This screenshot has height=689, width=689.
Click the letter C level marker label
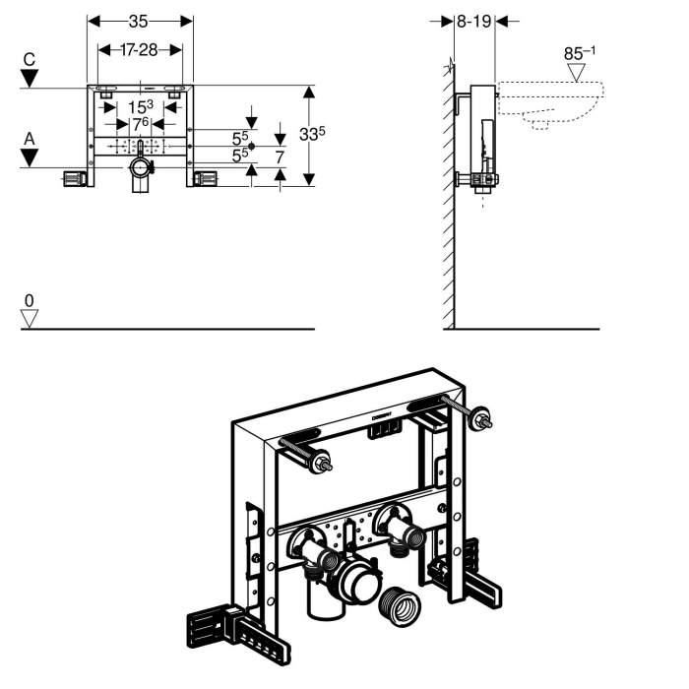tap(30, 59)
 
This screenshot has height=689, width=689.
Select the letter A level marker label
tap(30, 140)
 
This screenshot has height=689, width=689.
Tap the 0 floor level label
tap(30, 299)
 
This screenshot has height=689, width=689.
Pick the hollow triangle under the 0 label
tap(30, 318)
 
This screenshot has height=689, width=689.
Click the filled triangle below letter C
tap(30, 78)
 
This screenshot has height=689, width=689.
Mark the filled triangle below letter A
tap(30, 158)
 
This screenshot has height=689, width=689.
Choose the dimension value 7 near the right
tap(280, 156)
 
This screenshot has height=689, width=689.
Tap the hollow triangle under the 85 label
tap(578, 73)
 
